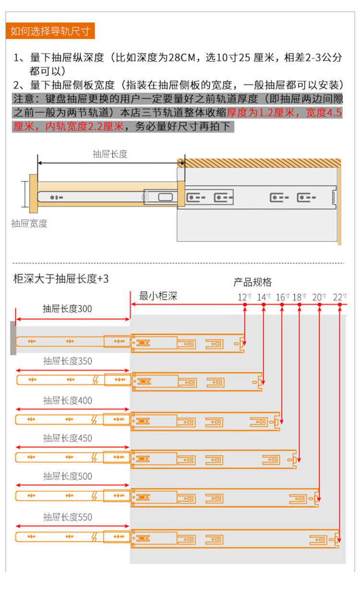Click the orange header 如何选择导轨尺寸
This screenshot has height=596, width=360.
pos(50,31)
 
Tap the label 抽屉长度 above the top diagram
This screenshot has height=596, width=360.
pos(110,154)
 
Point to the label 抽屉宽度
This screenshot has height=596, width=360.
pos(29,223)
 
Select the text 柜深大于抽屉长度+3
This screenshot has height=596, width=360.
pos(60,279)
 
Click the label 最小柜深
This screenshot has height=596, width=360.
pos(158,296)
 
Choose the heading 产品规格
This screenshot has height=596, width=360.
pos(252,282)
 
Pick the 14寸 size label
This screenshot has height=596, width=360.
pos(264,297)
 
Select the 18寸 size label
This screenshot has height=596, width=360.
pos(299,297)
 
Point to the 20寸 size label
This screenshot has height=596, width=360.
pos(319,297)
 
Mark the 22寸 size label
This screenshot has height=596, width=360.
pos(339,297)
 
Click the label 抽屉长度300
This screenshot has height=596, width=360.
pos(67,309)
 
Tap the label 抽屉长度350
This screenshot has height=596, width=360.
pos(67,361)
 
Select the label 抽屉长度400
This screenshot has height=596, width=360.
pos(67,401)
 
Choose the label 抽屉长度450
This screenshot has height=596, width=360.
pos(67,438)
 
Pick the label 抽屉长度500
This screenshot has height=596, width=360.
pos(67,476)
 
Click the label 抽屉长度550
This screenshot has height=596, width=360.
pos(67,517)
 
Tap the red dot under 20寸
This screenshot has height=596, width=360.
pos(319,305)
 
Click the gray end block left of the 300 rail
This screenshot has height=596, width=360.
pos(13,338)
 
